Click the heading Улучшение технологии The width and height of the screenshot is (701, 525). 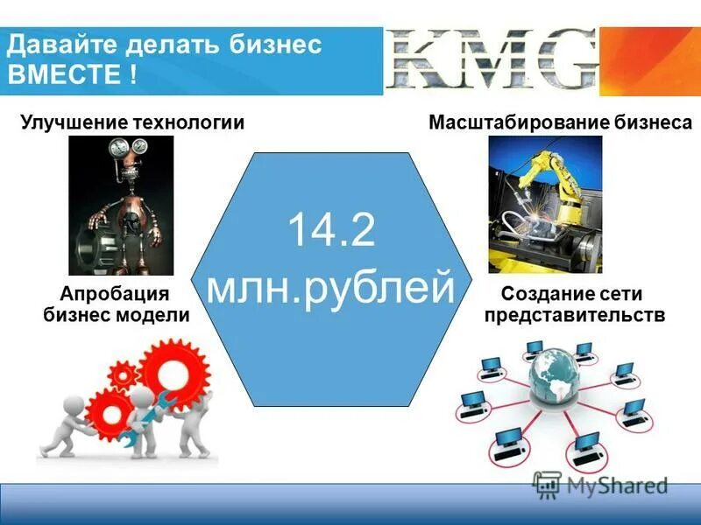(x=131, y=122)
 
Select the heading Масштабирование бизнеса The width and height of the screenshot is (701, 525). (x=560, y=122)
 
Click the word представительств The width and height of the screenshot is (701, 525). (x=574, y=315)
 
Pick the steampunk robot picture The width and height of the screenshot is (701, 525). (x=121, y=206)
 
